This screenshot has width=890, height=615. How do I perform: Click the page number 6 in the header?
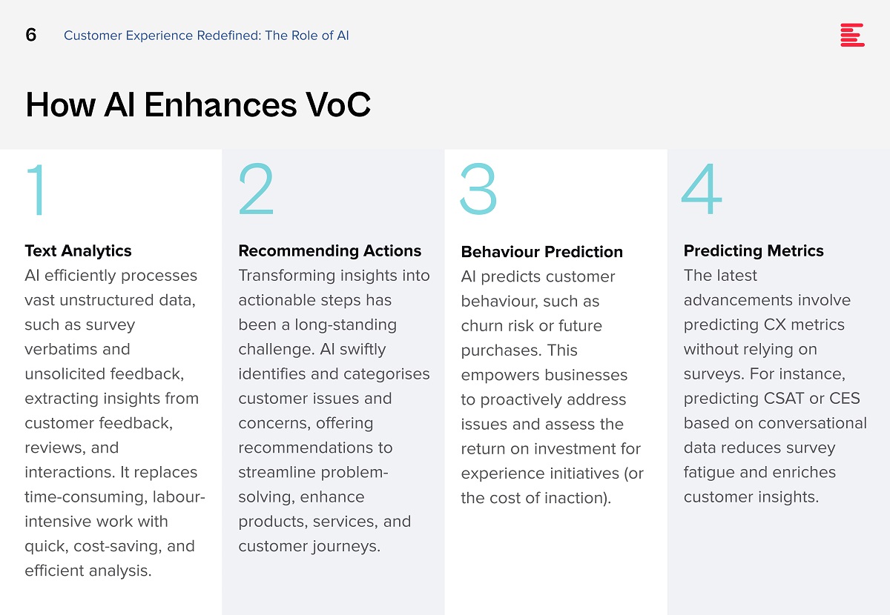pos(31,35)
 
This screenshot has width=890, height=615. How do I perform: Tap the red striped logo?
pos(852,35)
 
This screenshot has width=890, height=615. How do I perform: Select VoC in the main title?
pos(337,104)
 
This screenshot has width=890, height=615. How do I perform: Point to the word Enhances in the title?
pos(220,104)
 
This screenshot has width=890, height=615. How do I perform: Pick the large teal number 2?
pos(257,189)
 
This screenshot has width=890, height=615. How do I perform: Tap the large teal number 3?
pos(478,189)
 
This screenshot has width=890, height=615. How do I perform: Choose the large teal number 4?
pos(702,189)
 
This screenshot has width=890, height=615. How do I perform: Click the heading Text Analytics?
pos(79,251)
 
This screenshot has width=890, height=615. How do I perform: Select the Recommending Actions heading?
pos(330,251)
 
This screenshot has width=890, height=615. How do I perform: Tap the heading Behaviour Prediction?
pos(542,252)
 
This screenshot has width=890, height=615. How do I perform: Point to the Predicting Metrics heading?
pos(754,251)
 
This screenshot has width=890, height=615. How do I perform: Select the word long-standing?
pos(346,325)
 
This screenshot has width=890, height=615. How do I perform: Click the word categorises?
pos(386,374)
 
